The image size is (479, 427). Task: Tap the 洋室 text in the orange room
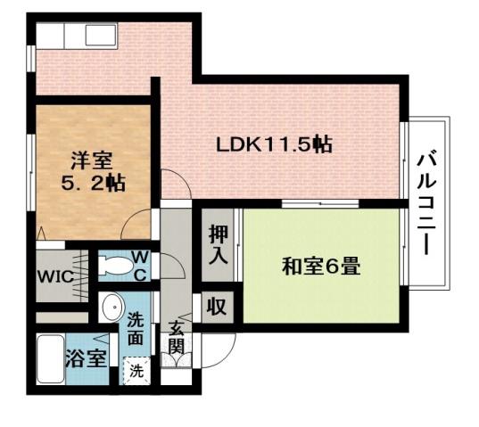[92, 161]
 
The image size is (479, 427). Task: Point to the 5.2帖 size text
[93, 184]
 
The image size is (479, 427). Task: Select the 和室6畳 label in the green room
[321, 266]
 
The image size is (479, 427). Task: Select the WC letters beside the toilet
[139, 266]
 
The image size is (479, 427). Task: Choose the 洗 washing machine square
[136, 367]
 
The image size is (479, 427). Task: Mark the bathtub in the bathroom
[52, 358]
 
